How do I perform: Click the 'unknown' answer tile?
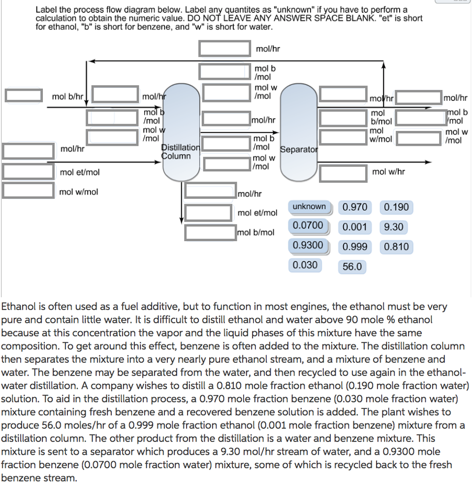click(309, 207)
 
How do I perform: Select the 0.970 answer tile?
click(355, 207)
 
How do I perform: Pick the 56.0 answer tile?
click(352, 267)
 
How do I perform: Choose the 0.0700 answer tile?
click(308, 226)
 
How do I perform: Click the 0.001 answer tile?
click(355, 227)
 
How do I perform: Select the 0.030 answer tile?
click(305, 265)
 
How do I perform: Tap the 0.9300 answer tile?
click(308, 245)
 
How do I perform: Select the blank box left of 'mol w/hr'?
click(343, 172)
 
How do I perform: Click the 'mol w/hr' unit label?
click(389, 172)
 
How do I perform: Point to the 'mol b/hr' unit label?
click(67, 96)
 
